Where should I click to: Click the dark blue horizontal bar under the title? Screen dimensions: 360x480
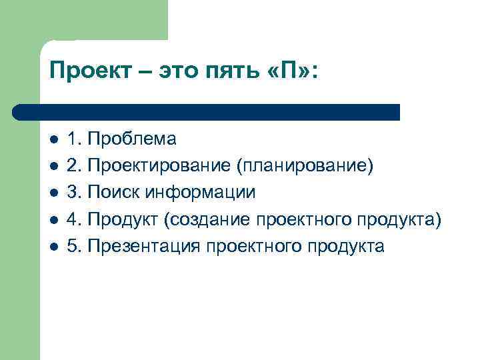(207, 112)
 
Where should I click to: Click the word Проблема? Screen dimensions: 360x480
(132, 140)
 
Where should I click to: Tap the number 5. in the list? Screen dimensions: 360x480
(75, 247)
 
